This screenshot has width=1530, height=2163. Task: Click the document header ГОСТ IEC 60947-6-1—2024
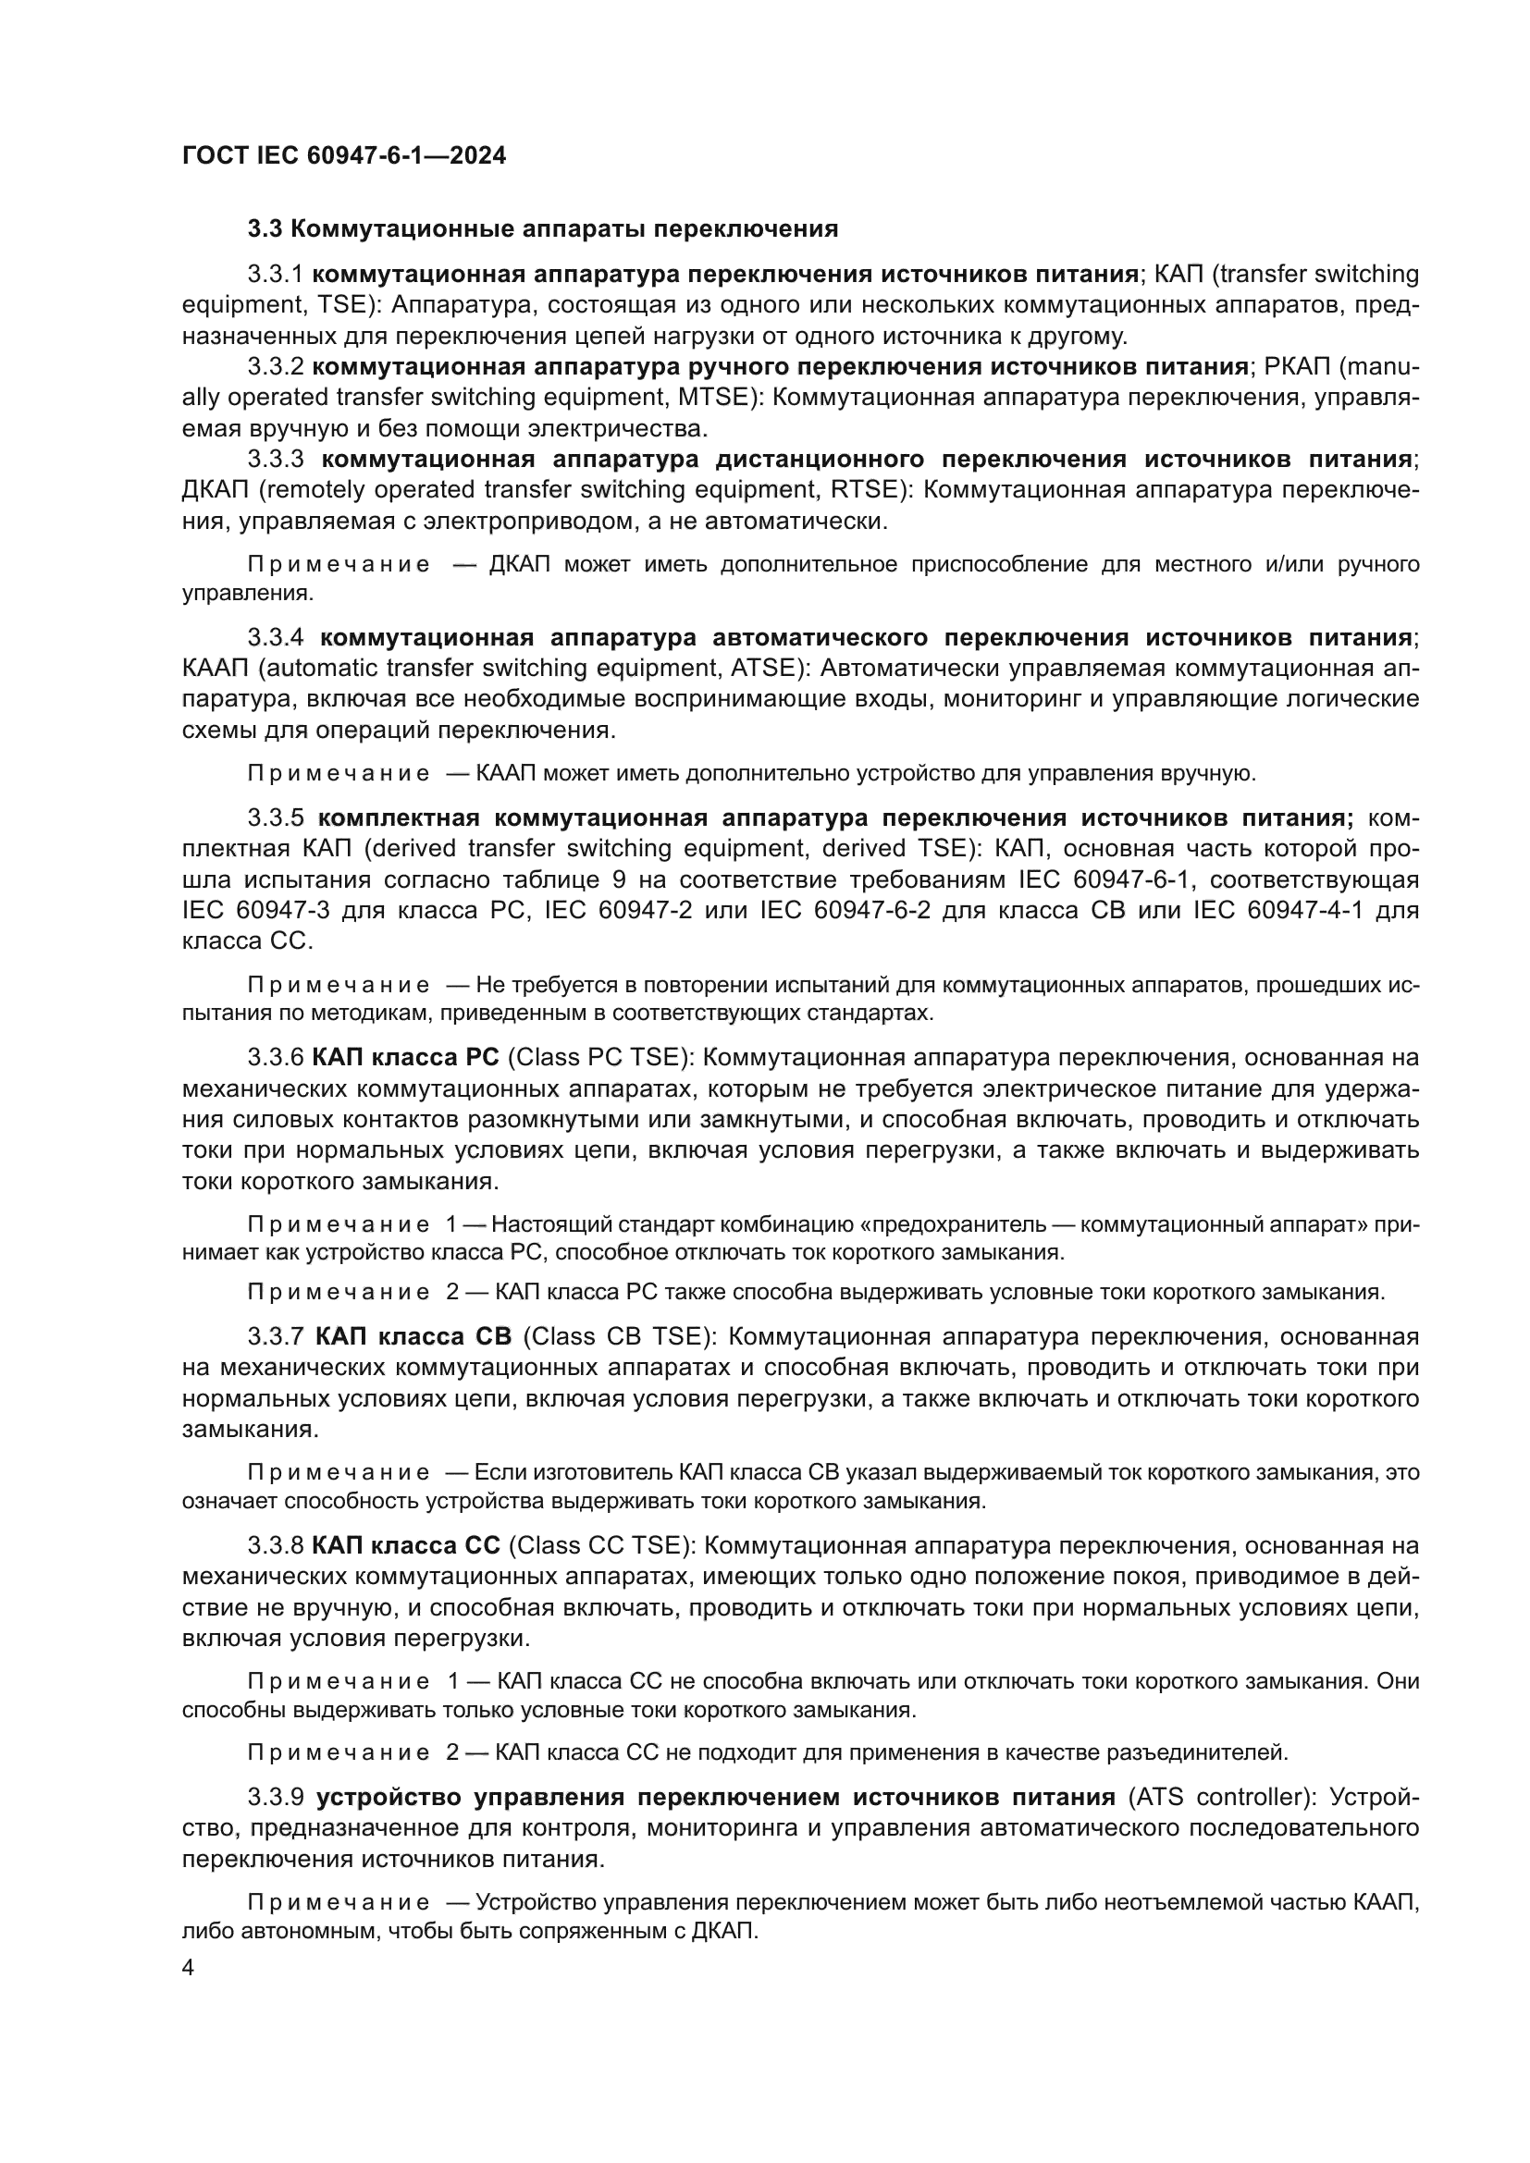[344, 155]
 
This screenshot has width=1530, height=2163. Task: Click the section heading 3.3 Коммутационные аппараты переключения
[543, 229]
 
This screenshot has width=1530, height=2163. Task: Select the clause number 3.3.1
[275, 274]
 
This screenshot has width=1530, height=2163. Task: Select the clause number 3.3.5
[275, 817]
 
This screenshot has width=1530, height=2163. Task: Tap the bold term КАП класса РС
[406, 1058]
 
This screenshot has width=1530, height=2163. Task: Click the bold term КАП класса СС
[406, 1545]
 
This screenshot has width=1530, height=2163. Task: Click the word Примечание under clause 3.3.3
[339, 564]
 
